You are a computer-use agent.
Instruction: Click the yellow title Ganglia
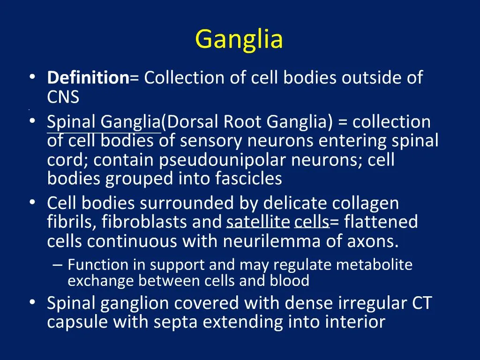239,39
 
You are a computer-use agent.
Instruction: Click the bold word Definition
88,77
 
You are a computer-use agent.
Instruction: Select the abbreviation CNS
63,97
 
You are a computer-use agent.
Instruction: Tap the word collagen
366,203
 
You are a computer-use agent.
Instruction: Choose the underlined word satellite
258,222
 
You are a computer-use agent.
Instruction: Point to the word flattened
381,222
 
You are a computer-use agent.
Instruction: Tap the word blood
289,281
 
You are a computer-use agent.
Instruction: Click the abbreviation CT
422,303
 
